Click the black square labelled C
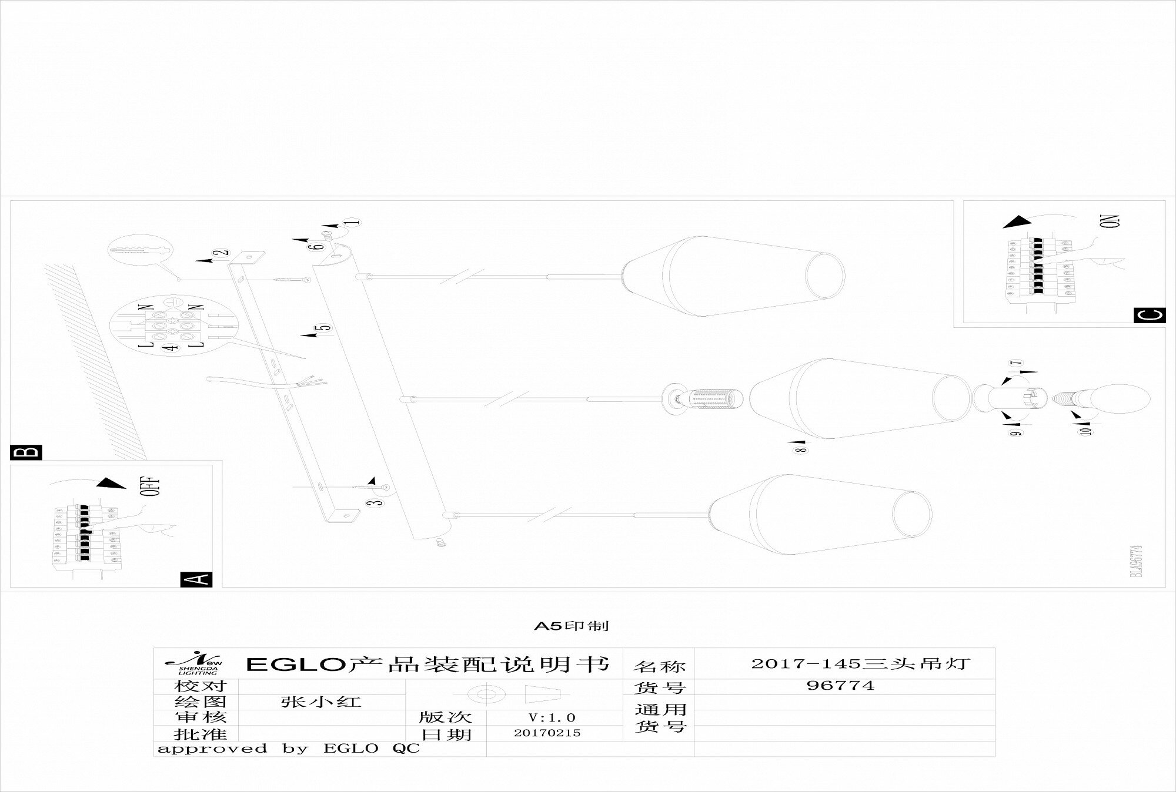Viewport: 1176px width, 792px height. click(1148, 316)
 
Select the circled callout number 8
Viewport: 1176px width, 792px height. click(801, 450)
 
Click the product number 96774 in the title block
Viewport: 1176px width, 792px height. click(840, 685)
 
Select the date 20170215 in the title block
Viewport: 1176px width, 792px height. click(547, 733)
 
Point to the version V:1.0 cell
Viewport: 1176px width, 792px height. click(553, 717)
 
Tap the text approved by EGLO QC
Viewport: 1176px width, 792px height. click(289, 749)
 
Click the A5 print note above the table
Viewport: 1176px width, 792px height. click(571, 626)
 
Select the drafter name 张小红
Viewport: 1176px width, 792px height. click(321, 702)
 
